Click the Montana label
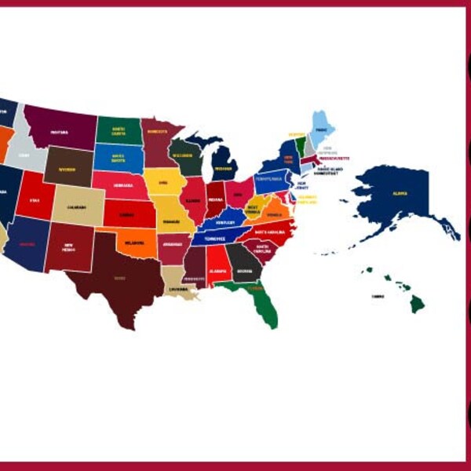click(59, 132)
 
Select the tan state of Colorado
click(76, 206)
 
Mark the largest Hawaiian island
click(415, 303)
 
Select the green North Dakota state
click(119, 130)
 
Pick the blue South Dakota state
click(119, 157)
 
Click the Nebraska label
click(122, 185)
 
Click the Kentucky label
click(225, 221)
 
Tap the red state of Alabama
click(218, 266)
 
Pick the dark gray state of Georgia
click(244, 268)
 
